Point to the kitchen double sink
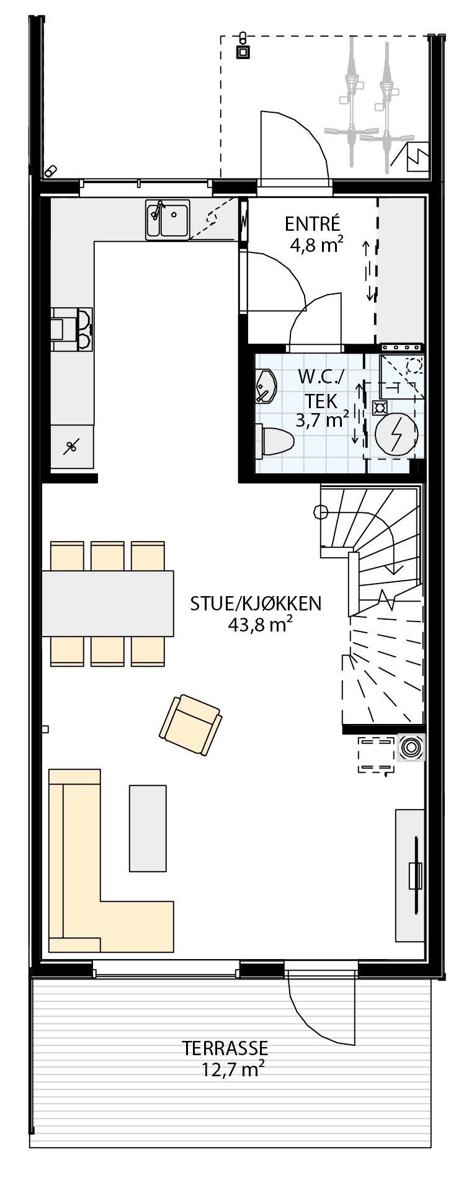pyautogui.click(x=168, y=219)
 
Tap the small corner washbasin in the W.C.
pyautogui.click(x=264, y=388)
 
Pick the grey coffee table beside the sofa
pyautogui.click(x=148, y=828)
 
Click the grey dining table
pyautogui.click(x=107, y=604)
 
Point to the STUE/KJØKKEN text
pyautogui.click(x=256, y=604)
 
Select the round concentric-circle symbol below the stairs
pyautogui.click(x=409, y=747)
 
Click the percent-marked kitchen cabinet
pyautogui.click(x=72, y=445)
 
